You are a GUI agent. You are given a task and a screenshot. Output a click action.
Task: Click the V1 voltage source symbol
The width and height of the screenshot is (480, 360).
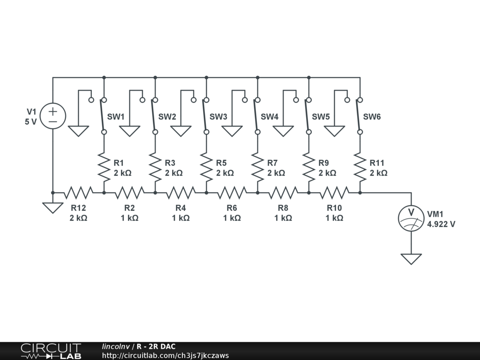[x=53, y=116]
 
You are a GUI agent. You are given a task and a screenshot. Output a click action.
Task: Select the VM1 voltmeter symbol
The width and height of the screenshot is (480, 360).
[x=411, y=217]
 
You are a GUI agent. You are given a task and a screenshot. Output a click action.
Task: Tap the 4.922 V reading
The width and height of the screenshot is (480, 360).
[x=441, y=224]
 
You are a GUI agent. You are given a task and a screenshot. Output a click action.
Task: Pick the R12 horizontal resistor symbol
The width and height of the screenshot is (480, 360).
[x=78, y=192]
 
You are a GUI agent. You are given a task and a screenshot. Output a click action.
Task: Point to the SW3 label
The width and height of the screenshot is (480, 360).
[x=218, y=117]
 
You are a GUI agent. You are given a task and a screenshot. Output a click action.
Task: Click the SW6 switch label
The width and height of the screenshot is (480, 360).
[x=372, y=117]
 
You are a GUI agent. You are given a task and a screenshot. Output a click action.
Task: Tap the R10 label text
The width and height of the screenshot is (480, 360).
[x=334, y=208]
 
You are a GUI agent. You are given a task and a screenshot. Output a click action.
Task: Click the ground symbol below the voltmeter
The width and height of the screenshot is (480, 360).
[x=411, y=258]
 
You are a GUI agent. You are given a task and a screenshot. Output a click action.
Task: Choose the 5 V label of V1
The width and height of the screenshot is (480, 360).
[x=30, y=122]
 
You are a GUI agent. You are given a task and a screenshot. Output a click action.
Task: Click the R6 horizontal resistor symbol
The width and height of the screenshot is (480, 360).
[x=232, y=192]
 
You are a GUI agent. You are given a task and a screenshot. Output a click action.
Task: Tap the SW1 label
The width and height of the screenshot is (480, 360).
[x=116, y=117]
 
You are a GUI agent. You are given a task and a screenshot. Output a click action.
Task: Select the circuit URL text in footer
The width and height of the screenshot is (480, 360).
[x=165, y=355]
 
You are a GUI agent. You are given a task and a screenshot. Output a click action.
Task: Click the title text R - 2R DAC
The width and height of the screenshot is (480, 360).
[x=156, y=346]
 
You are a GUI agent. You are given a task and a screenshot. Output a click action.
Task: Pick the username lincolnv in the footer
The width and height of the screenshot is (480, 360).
[x=116, y=346]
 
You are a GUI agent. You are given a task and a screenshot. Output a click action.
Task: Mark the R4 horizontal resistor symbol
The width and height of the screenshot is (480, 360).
[x=180, y=192]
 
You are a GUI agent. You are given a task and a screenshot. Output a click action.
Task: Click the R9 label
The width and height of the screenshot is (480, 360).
[x=323, y=163]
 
